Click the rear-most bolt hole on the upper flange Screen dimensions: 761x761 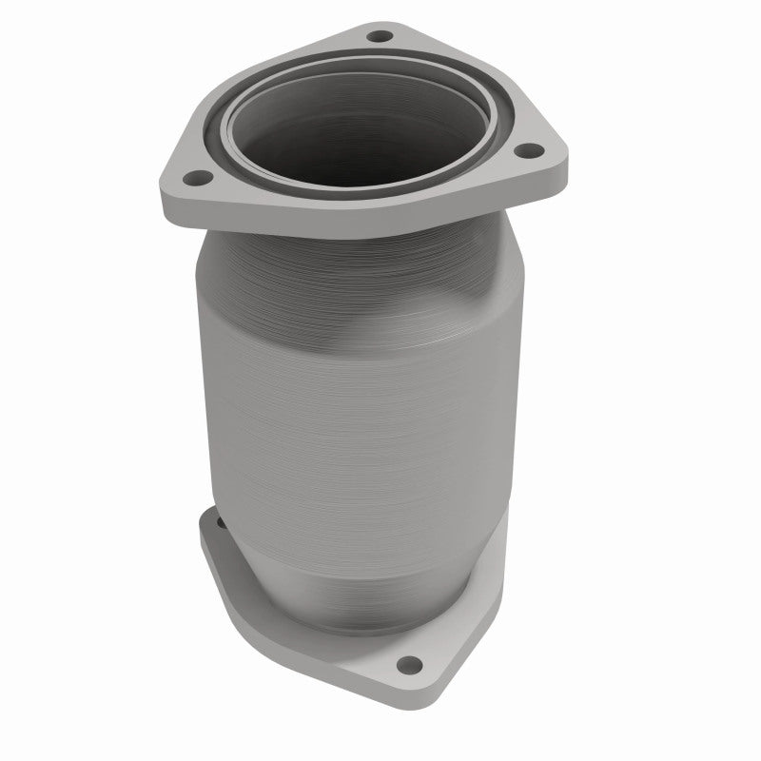click(380, 36)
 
